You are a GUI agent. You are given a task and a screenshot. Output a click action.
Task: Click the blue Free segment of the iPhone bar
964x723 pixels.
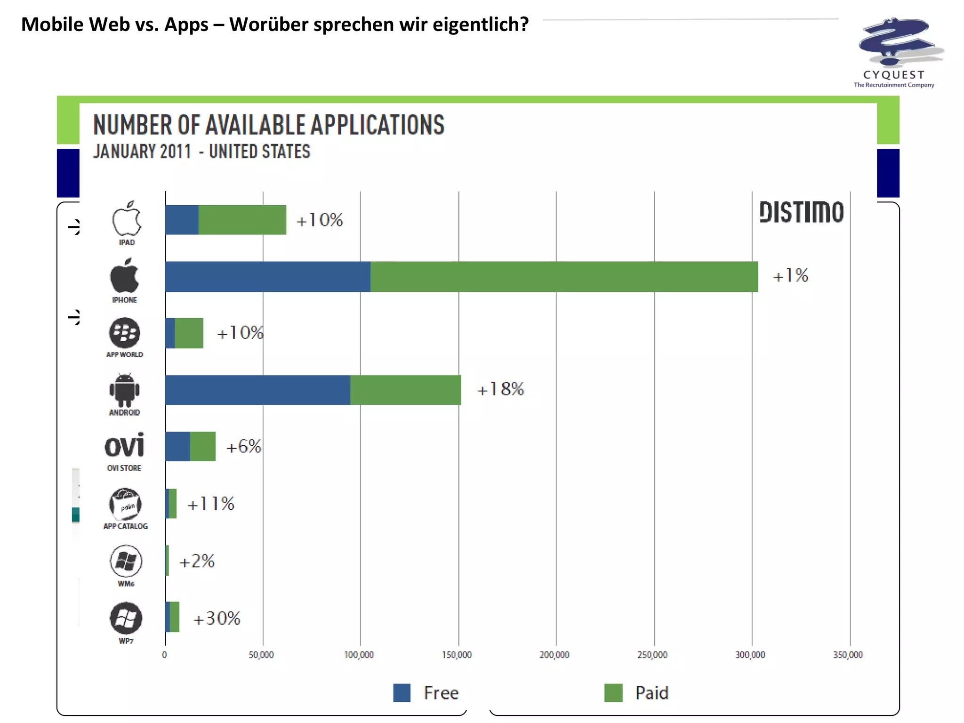[267, 277]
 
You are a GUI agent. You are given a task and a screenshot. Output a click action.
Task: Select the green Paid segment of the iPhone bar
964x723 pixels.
[564, 277]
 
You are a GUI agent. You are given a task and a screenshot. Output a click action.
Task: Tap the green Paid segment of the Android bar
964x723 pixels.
[405, 390]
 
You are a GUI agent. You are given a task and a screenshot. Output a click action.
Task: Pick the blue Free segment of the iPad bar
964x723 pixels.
[182, 220]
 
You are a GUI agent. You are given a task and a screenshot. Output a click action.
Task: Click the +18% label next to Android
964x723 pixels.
[500, 389]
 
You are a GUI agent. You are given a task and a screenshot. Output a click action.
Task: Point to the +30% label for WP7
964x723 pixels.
[217, 619]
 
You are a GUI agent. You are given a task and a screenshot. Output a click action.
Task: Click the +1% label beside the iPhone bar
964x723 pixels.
[790, 276]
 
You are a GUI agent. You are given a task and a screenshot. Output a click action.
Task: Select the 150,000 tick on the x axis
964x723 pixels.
[457, 655]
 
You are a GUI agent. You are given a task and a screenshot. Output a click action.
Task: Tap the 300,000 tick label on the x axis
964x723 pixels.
[750, 655]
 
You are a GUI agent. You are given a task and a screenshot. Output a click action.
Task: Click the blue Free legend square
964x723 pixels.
[402, 693]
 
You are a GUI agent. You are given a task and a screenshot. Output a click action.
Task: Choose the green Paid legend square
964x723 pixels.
[613, 693]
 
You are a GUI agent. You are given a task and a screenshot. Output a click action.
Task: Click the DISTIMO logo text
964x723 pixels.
[801, 212]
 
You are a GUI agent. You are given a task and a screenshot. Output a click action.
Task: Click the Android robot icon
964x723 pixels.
[125, 390]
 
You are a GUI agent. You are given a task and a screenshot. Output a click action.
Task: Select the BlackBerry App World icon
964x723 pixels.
[125, 333]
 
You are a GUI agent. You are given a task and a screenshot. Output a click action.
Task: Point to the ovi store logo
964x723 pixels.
[124, 445]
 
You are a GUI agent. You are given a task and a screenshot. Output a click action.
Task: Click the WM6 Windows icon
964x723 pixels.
[126, 561]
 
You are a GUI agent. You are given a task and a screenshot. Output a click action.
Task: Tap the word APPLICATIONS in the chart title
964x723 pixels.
[377, 125]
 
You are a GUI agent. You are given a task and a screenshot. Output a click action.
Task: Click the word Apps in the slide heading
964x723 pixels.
[186, 24]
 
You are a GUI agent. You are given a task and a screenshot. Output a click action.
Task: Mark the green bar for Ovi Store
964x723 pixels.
[202, 446]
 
